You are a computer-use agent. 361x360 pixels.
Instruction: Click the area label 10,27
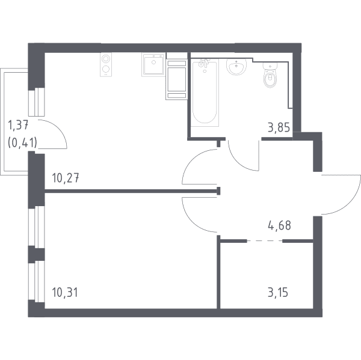pos(66,178)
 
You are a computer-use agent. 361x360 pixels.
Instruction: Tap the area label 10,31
pos(65,292)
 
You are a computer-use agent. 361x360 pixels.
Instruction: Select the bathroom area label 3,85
pos(279,127)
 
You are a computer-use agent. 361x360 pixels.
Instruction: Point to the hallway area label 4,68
pos(280,225)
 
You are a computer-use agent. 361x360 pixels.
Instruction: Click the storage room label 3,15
pos(278,293)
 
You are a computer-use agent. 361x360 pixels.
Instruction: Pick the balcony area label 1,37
pos(18,126)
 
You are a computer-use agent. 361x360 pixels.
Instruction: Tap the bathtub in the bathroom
pos(205,92)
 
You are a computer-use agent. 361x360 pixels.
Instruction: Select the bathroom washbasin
pos(236,67)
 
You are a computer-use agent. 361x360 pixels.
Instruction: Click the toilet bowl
pos(270,76)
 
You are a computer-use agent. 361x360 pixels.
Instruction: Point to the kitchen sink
pos(153,65)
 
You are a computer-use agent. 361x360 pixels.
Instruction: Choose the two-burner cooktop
pos(106,65)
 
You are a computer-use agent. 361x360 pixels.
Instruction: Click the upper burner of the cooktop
pos(105,59)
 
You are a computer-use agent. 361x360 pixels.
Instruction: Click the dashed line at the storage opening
pos(265,241)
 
